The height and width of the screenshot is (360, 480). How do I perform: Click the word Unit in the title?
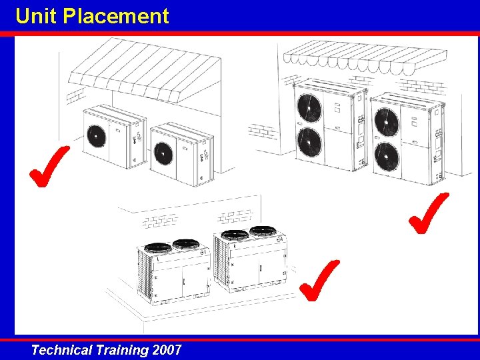coord(36,16)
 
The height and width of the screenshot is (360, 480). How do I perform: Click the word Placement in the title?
coord(116,16)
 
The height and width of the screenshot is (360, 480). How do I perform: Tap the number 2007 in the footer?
coord(167,349)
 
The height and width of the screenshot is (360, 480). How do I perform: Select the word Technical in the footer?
coord(61,349)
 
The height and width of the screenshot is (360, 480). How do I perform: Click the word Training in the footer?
coord(122,349)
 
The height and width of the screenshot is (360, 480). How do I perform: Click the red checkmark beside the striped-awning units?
coord(49,166)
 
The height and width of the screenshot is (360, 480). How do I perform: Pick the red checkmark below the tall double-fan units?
coord(429,213)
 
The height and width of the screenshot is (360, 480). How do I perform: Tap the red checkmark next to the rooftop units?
coord(319,281)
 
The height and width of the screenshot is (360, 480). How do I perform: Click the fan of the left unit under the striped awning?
coord(96,136)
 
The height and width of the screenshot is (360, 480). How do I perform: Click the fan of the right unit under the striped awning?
coord(163,153)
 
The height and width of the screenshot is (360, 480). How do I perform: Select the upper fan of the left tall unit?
coord(309,108)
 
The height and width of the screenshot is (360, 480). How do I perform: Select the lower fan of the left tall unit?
coord(309,143)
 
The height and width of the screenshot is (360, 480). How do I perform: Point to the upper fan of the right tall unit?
coord(387,122)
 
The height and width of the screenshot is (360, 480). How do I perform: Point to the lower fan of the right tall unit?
coord(387,157)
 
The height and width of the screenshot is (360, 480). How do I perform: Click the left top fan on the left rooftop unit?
coord(157,247)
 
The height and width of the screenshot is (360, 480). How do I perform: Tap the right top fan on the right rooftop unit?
coord(263,231)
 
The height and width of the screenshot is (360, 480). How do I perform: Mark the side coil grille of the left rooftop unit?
coord(144,274)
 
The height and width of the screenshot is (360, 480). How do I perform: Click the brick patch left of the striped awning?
coord(75,95)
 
